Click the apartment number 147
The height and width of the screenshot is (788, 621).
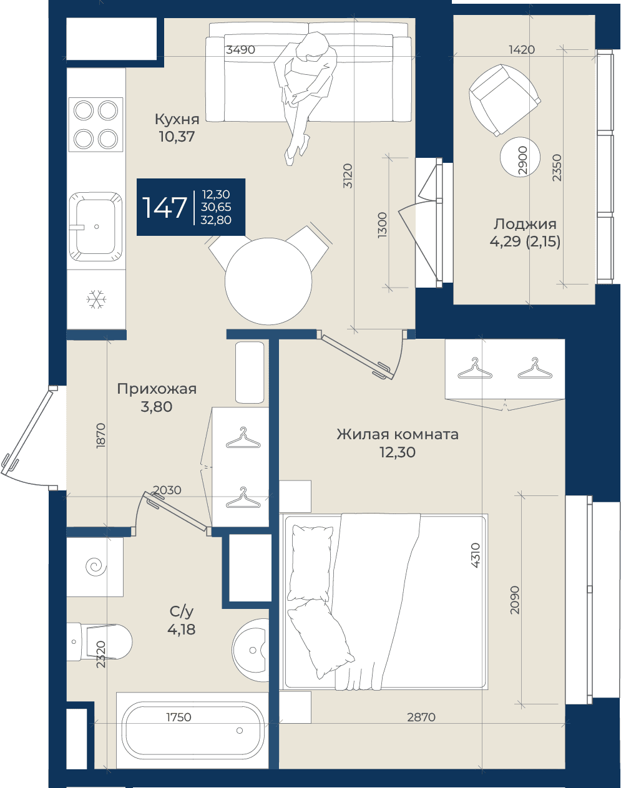click(x=165, y=208)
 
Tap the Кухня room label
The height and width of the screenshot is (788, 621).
click(x=177, y=119)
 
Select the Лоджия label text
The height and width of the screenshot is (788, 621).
click(x=525, y=224)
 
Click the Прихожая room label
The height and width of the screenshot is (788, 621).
click(x=157, y=389)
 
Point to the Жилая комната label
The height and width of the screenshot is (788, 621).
click(x=398, y=434)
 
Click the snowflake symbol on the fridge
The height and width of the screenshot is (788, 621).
click(x=96, y=299)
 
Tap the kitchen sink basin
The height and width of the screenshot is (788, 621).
click(x=96, y=226)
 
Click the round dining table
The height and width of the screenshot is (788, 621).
click(x=268, y=281)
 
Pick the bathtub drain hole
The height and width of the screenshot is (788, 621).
click(x=240, y=731)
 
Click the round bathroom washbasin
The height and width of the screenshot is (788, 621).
click(x=251, y=650)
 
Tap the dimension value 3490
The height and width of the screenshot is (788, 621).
click(x=240, y=49)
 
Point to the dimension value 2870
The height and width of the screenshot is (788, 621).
click(x=421, y=717)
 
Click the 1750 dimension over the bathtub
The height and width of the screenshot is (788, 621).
click(x=178, y=717)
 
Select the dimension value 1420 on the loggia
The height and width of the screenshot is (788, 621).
click(x=522, y=49)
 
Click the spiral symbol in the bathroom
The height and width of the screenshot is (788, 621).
click(x=96, y=566)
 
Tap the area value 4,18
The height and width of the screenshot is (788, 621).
click(x=182, y=630)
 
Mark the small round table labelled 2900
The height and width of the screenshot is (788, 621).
click(x=521, y=157)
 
